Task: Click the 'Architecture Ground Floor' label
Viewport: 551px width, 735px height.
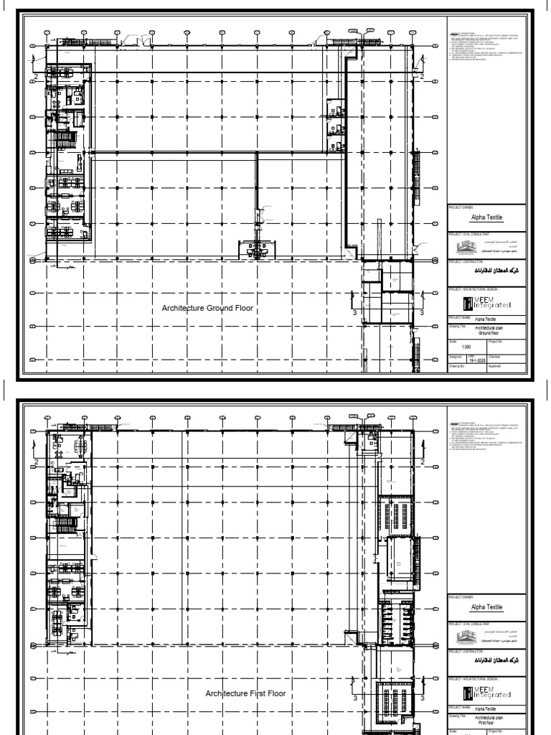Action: pyautogui.click(x=208, y=309)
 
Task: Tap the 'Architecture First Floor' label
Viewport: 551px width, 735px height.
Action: pyautogui.click(x=245, y=693)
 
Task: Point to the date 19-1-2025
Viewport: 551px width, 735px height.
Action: pyautogui.click(x=476, y=360)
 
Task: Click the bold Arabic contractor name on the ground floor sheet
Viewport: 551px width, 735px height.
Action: pyautogui.click(x=491, y=273)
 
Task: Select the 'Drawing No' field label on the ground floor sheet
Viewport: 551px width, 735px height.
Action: pyautogui.click(x=458, y=366)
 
